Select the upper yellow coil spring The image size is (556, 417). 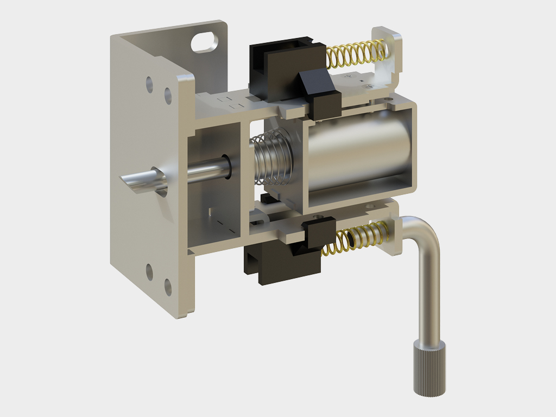click(356, 54)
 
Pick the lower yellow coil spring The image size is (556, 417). click(358, 239)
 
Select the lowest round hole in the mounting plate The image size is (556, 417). click(168, 287)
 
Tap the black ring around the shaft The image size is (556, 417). click(228, 168)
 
